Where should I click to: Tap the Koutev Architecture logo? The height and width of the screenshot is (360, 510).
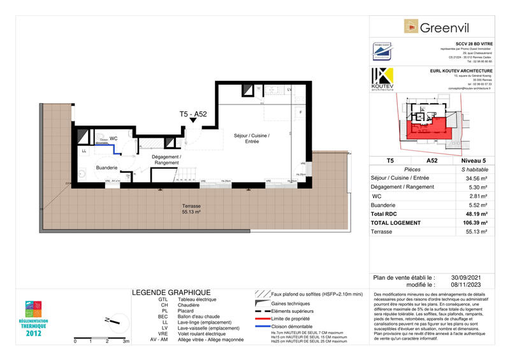(x=382, y=79)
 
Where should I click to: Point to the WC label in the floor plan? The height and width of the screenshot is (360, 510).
(x=113, y=138)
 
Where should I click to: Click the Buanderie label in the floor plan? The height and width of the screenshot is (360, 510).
(x=106, y=168)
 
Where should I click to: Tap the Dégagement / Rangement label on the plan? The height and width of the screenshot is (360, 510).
(x=166, y=160)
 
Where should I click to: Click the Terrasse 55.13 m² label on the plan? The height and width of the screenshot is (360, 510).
(x=191, y=210)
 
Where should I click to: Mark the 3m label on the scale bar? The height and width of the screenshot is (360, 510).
(x=126, y=342)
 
